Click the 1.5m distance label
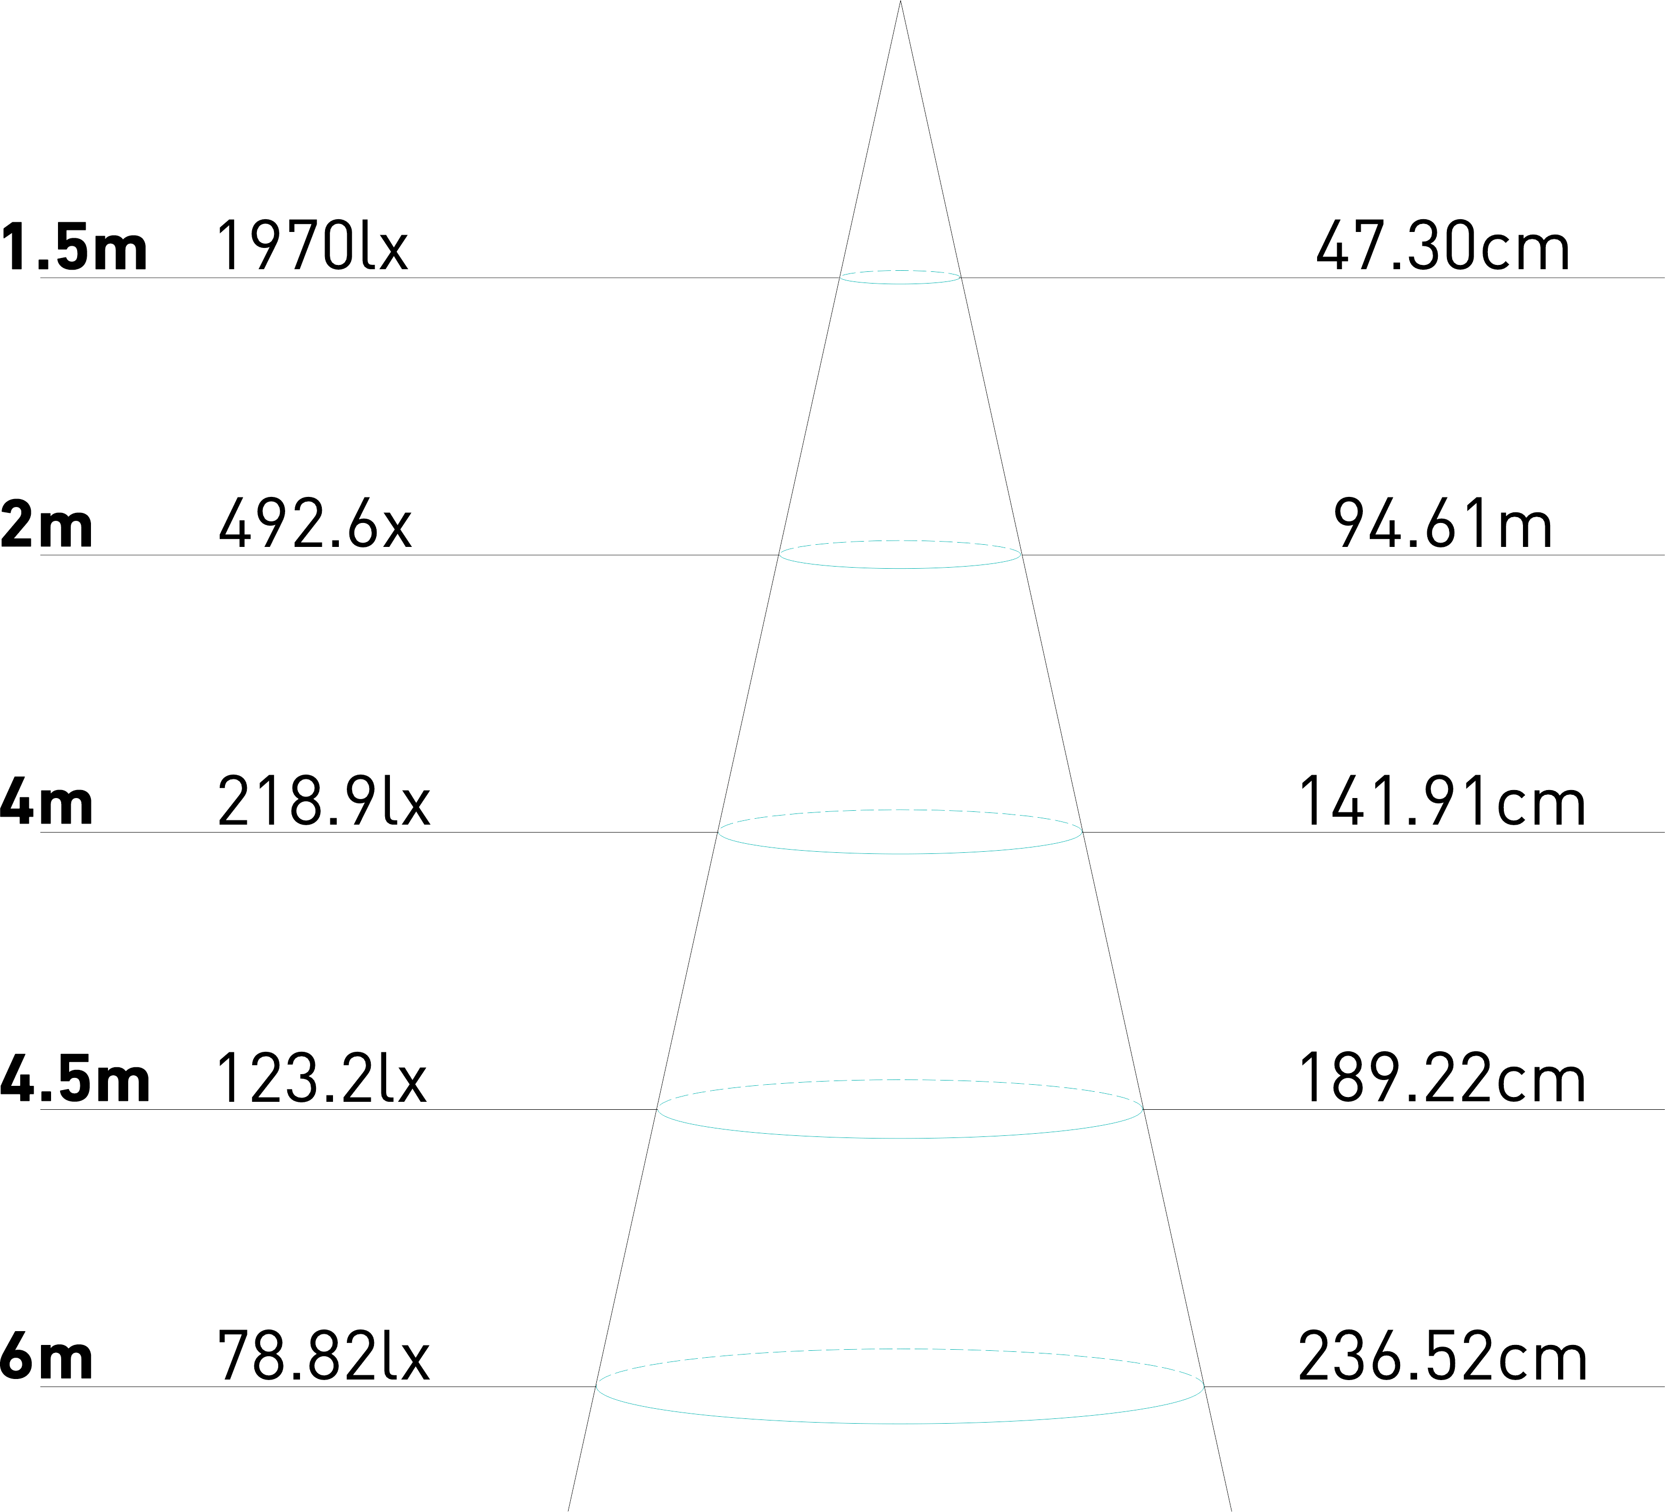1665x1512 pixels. coord(74,246)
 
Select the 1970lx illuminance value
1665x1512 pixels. coord(313,246)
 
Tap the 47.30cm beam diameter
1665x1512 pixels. coord(1442,246)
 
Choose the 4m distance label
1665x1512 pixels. coord(46,801)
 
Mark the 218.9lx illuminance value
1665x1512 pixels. coord(324,801)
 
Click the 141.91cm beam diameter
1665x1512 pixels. coord(1442,801)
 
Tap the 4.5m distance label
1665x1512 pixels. coord(74,1078)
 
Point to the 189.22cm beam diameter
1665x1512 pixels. coord(1442,1078)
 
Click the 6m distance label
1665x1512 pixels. coord(46,1356)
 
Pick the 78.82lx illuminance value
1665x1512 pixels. coord(324,1356)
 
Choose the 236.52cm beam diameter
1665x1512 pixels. coord(1442,1356)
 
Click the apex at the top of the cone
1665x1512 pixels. coord(900,4)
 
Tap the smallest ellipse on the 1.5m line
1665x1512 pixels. coord(900,283)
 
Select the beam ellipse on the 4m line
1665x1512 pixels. coord(900,853)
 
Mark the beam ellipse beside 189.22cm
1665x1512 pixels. coord(900,1138)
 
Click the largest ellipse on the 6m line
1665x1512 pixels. coord(900,1423)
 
